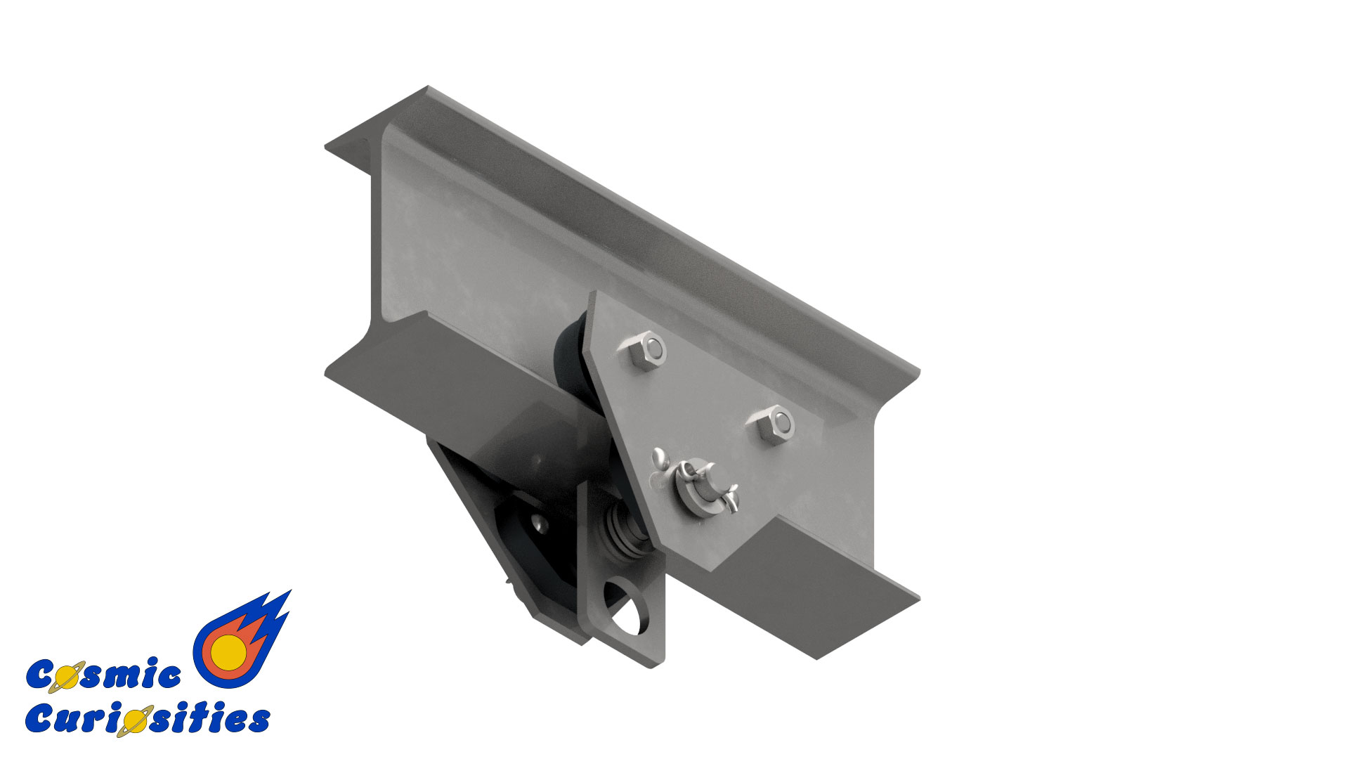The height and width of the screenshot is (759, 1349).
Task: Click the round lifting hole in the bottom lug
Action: click(628, 606)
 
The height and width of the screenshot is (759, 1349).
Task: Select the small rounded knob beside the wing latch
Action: click(661, 459)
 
